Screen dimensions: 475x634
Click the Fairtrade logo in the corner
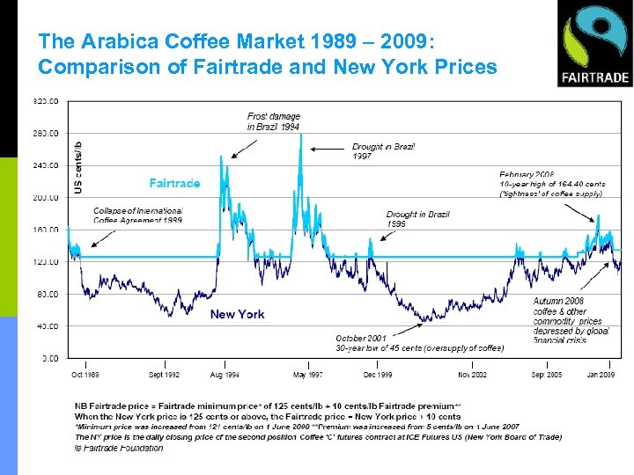(594, 44)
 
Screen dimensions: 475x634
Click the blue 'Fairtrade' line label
(174, 183)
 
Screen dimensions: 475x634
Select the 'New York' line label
(237, 314)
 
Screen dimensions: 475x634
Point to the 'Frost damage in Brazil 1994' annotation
(274, 121)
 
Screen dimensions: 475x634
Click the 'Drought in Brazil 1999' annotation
(418, 219)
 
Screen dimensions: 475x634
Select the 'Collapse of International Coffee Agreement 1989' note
(137, 216)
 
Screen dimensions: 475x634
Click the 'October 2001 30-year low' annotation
(419, 342)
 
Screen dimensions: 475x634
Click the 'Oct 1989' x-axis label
(85, 375)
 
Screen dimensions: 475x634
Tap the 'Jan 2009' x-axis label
(601, 375)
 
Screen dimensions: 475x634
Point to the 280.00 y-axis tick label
(46, 133)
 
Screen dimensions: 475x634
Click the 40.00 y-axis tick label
(48, 325)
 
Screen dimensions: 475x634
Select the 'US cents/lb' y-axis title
(78, 167)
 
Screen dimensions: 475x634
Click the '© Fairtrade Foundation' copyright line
(119, 448)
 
